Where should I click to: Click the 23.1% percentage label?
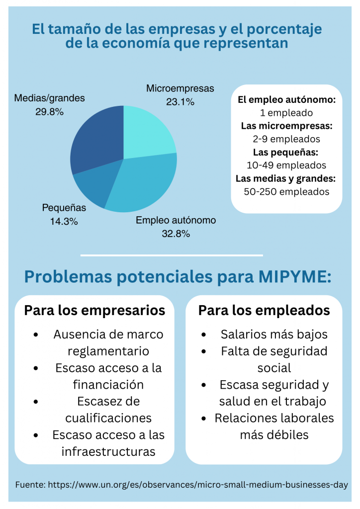click(x=180, y=102)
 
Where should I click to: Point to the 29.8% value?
click(x=49, y=112)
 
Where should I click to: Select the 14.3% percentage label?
click(x=64, y=222)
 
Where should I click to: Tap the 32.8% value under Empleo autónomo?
click(x=176, y=233)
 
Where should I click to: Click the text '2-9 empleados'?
click(x=286, y=139)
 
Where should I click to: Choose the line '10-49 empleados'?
click(x=286, y=165)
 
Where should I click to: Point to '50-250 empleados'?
click(x=286, y=191)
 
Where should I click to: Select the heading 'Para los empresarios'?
click(x=94, y=311)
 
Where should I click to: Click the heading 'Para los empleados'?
click(x=264, y=311)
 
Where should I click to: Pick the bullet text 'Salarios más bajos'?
click(x=274, y=335)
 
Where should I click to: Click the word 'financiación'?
click(x=108, y=385)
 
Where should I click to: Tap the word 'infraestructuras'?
click(x=108, y=451)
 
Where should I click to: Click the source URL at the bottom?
click(x=197, y=484)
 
